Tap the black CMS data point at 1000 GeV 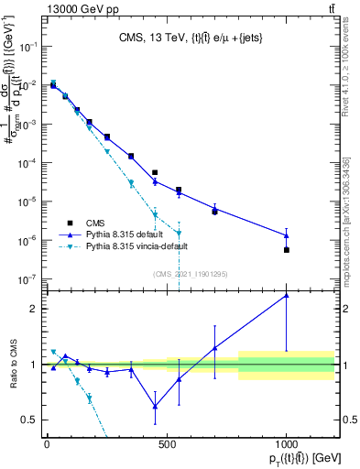click(x=287, y=250)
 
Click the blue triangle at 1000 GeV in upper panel click(x=287, y=235)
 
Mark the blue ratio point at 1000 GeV click(x=287, y=295)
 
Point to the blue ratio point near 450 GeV click(x=155, y=407)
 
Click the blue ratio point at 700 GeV click(x=214, y=348)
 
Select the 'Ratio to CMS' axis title click(x=12, y=365)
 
